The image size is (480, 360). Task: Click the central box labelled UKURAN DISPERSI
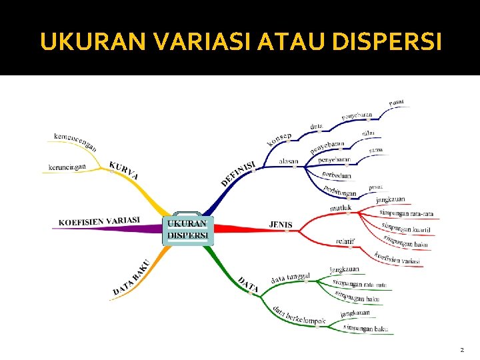187,229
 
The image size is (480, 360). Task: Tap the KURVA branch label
124,169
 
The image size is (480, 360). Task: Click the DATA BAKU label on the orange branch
131,277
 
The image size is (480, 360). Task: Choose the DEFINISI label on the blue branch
238,173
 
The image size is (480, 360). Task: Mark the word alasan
288,161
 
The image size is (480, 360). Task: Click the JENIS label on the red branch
280,225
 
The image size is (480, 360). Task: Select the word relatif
345,241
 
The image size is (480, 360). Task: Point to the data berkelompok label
299,315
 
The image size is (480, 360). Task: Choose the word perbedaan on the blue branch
337,175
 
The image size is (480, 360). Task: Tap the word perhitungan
340,191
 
